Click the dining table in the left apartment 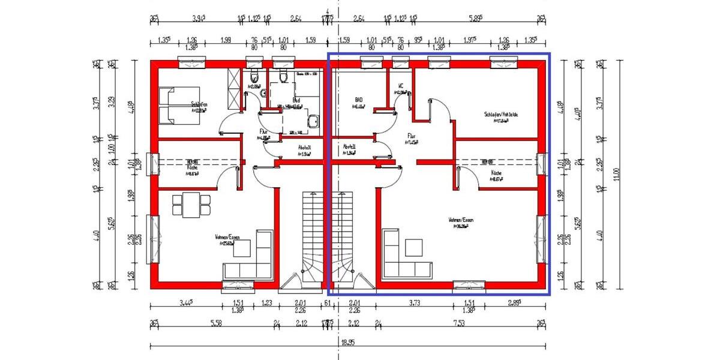pyautogui.click(x=191, y=205)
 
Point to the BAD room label pyautogui.click(x=359, y=101)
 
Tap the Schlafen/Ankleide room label pyautogui.click(x=501, y=115)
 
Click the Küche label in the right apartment pyautogui.click(x=496, y=172)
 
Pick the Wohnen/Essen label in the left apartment pyautogui.click(x=227, y=238)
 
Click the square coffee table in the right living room pyautogui.click(x=414, y=248)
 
